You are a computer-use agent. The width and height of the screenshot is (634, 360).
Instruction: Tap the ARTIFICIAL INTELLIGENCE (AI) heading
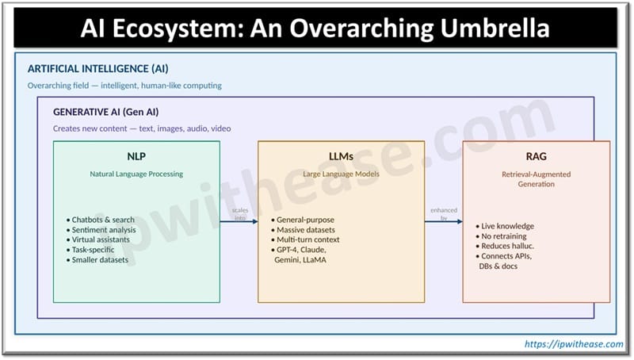pos(98,69)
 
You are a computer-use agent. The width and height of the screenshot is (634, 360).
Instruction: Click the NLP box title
pos(136,156)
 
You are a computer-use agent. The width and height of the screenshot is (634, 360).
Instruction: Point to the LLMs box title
pos(341,156)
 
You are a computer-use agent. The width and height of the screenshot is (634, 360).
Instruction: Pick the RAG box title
pos(537,157)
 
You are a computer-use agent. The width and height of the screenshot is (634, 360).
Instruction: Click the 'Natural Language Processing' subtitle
pos(136,174)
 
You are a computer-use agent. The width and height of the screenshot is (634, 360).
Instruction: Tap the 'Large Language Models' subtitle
pos(341,174)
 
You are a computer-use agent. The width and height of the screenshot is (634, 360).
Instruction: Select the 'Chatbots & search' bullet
pos(103,220)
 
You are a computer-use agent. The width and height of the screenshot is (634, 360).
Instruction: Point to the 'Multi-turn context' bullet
pos(309,239)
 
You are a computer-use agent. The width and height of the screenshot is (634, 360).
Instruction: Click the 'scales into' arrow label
pos(240,213)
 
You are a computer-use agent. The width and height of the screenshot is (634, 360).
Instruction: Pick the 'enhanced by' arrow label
pos(444,213)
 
